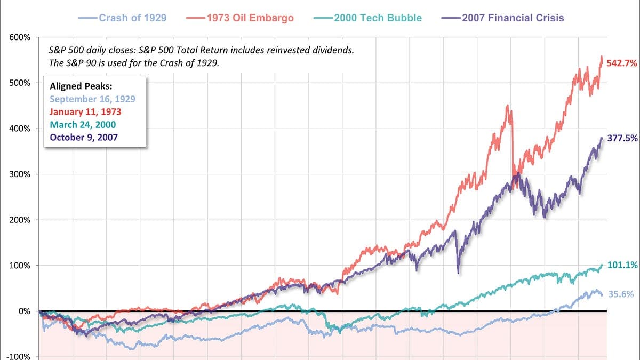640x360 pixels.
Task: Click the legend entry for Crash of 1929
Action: click(x=122, y=18)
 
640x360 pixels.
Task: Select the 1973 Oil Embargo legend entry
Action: click(x=239, y=18)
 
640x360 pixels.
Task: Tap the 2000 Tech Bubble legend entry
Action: click(x=367, y=18)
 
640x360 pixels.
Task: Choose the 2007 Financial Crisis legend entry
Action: click(x=502, y=18)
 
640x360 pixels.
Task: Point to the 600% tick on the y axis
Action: click(x=20, y=37)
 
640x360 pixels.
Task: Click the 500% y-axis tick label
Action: click(x=20, y=83)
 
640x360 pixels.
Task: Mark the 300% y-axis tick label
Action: click(x=20, y=174)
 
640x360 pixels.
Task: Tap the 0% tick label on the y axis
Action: click(x=25, y=311)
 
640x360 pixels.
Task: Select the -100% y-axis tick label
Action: click(x=18, y=356)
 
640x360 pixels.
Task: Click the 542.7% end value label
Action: click(x=622, y=63)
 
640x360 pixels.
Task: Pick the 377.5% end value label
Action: click(x=622, y=138)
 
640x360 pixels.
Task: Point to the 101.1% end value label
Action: click(x=622, y=265)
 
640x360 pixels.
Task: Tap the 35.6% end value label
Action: click(x=621, y=294)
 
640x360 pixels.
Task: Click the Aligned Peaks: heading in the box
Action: click(x=81, y=86)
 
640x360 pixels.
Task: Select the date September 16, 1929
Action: click(x=92, y=99)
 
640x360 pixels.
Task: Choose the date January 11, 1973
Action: click(x=85, y=111)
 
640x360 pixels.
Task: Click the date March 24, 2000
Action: click(x=83, y=125)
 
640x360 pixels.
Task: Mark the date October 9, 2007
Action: click(x=84, y=138)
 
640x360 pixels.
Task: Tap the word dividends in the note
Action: click(x=333, y=50)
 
